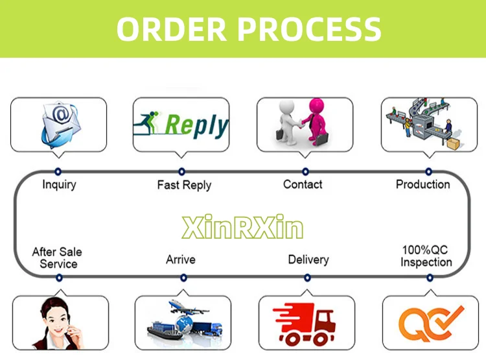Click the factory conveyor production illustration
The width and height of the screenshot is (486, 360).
(424, 123)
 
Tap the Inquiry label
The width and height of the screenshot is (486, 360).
(59, 184)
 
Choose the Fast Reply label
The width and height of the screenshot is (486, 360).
(184, 185)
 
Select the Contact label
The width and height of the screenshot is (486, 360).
(303, 184)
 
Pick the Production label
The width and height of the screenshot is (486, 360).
(422, 184)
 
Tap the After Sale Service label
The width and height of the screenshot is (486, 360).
(58, 258)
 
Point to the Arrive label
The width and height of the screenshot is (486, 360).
(181, 259)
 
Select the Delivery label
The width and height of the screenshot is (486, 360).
(308, 259)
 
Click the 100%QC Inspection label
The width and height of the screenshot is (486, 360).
(426, 256)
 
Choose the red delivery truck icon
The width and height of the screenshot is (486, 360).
(303, 323)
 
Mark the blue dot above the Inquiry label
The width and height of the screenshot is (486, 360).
(58, 171)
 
